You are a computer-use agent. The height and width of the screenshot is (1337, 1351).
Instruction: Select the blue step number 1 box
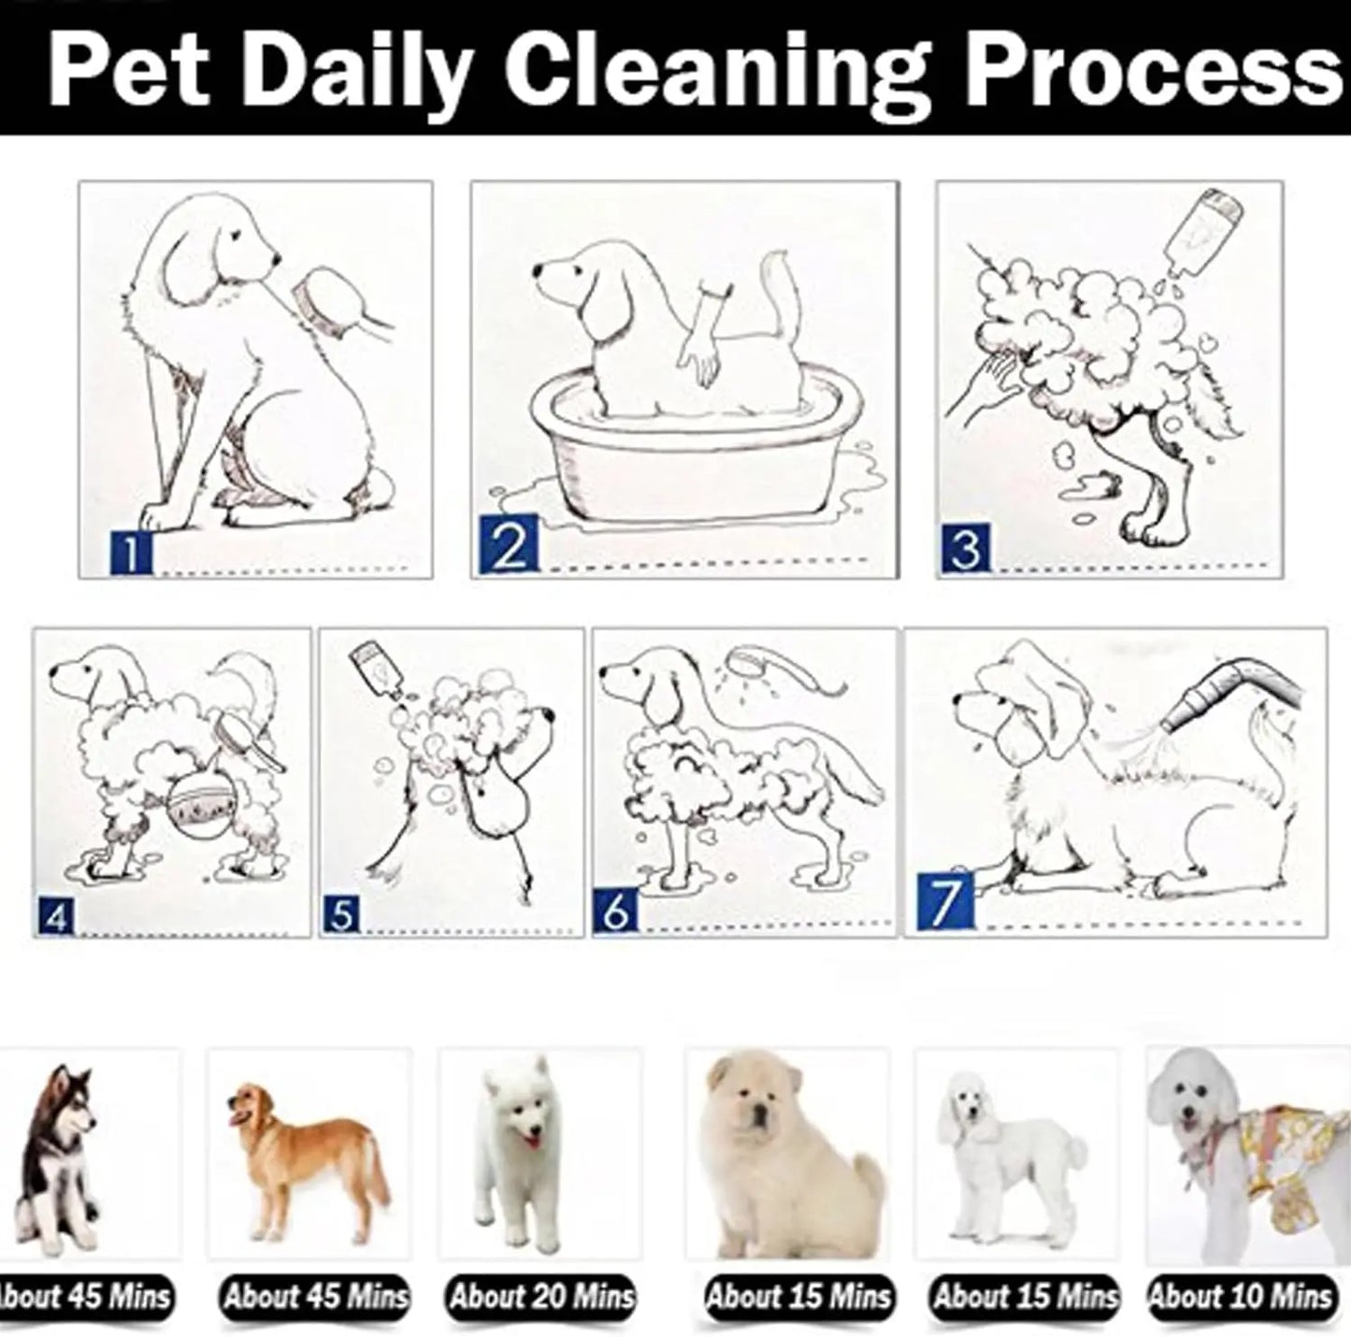(x=131, y=553)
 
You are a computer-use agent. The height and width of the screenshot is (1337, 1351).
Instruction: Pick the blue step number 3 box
(x=966, y=548)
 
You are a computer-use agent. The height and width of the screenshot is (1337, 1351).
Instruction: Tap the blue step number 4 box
(x=56, y=917)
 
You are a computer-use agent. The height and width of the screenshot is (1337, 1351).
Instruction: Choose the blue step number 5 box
(x=341, y=914)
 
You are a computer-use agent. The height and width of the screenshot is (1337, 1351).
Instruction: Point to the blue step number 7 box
(x=946, y=901)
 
